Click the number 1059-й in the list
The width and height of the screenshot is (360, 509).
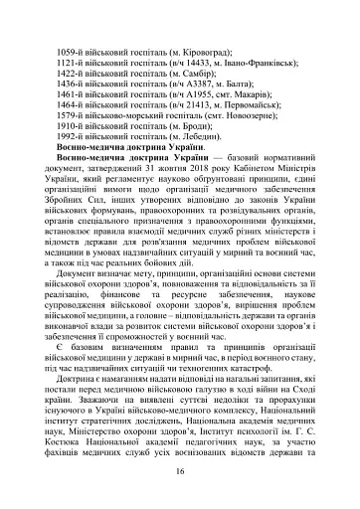(75, 51)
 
